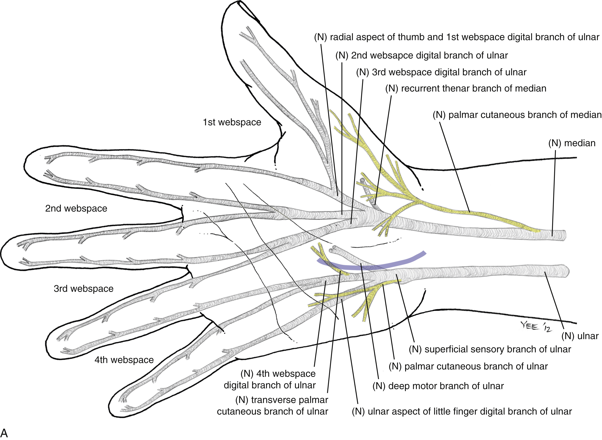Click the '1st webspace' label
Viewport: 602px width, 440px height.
pos(232,122)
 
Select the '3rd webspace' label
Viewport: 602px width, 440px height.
pos(83,288)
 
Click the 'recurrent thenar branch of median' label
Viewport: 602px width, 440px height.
pos(466,88)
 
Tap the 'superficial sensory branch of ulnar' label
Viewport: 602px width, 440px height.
pos(490,349)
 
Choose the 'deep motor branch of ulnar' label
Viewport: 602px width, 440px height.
pos(438,386)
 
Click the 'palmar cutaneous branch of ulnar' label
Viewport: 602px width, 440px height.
pos(468,366)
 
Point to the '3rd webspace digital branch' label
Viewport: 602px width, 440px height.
pos(441,72)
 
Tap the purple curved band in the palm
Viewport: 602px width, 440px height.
pos(373,267)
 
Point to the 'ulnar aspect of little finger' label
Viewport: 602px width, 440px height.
pos(462,411)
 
